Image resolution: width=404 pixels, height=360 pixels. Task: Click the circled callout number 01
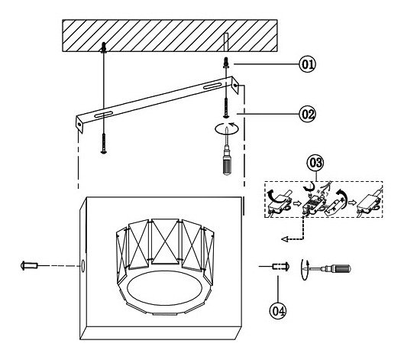point(307,64)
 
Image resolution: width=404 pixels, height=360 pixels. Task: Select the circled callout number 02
point(307,114)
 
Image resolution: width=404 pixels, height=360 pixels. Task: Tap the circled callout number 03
point(315,163)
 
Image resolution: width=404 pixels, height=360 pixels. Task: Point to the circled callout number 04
point(278,310)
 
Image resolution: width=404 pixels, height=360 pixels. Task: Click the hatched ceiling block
point(170,36)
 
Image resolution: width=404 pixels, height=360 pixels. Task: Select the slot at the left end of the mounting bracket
point(103,114)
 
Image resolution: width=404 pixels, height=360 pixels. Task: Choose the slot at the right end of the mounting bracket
point(212,86)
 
